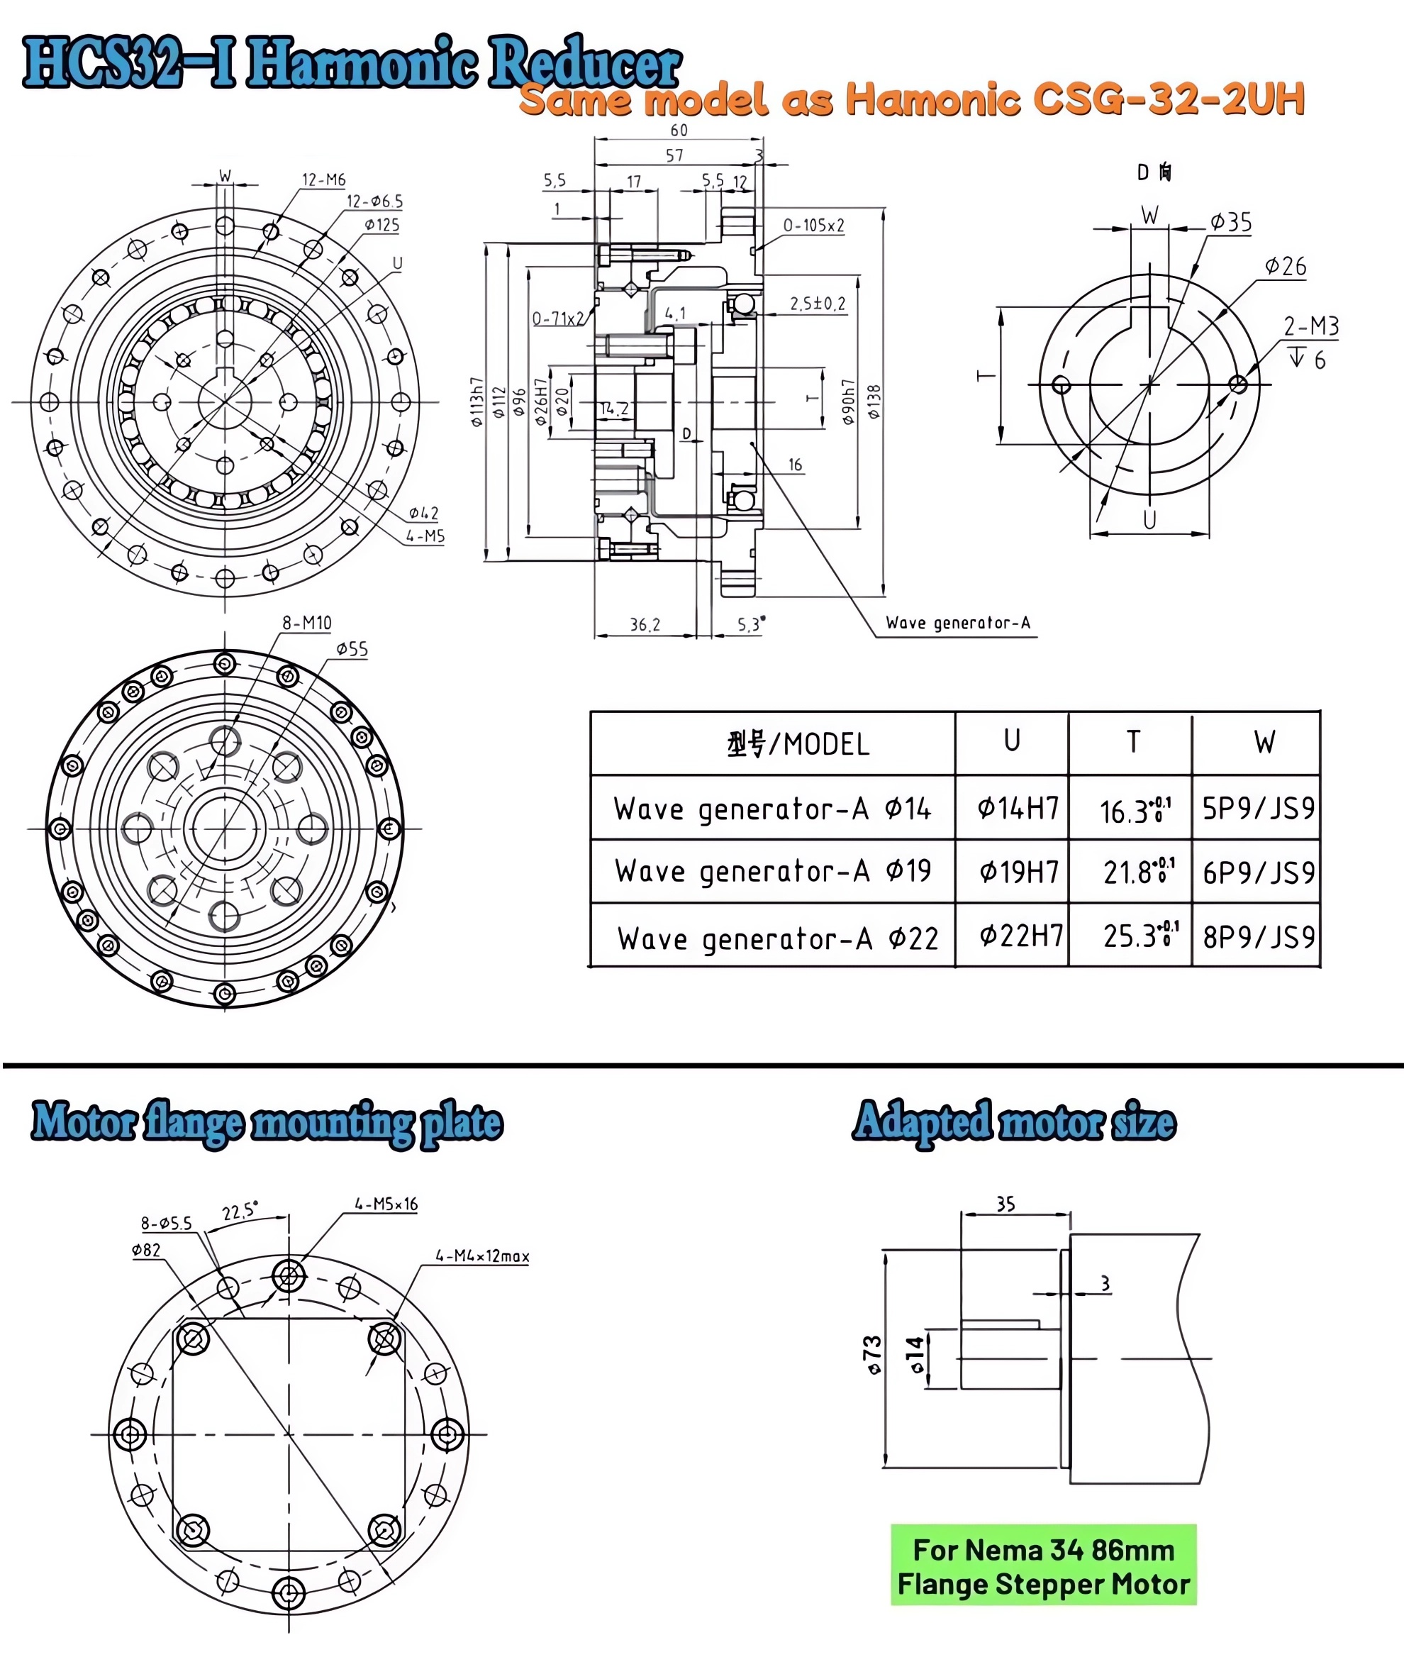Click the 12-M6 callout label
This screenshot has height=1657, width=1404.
324,180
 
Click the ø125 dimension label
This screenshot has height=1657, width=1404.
382,225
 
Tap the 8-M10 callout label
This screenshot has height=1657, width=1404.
306,623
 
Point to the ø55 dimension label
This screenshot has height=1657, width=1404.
352,649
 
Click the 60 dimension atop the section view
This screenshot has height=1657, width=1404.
679,131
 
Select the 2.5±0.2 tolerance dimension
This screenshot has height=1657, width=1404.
818,304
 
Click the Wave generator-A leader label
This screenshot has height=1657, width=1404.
957,623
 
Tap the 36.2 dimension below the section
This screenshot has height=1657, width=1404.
645,625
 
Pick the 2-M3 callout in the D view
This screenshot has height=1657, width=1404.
1311,326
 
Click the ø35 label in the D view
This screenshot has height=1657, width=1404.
1230,222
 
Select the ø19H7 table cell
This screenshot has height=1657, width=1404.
1018,872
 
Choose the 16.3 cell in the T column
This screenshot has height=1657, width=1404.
1133,811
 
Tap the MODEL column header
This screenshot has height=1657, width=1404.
798,743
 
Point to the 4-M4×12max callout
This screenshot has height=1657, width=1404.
481,1256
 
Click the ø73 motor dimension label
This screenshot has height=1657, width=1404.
872,1356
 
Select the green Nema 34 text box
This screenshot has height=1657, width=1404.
1042,1565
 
